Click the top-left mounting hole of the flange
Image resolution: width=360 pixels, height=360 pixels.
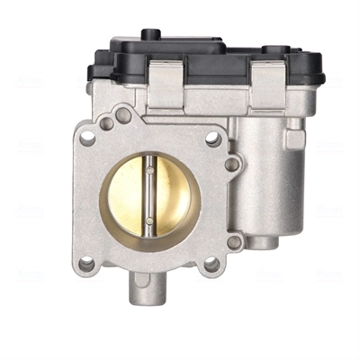coord(87,139)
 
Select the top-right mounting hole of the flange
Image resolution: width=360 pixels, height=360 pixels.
coord(212,139)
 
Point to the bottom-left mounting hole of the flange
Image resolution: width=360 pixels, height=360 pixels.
coord(86,264)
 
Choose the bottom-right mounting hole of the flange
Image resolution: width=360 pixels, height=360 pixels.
coord(211,264)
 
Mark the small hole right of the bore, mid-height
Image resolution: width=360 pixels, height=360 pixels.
coord(232,165)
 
